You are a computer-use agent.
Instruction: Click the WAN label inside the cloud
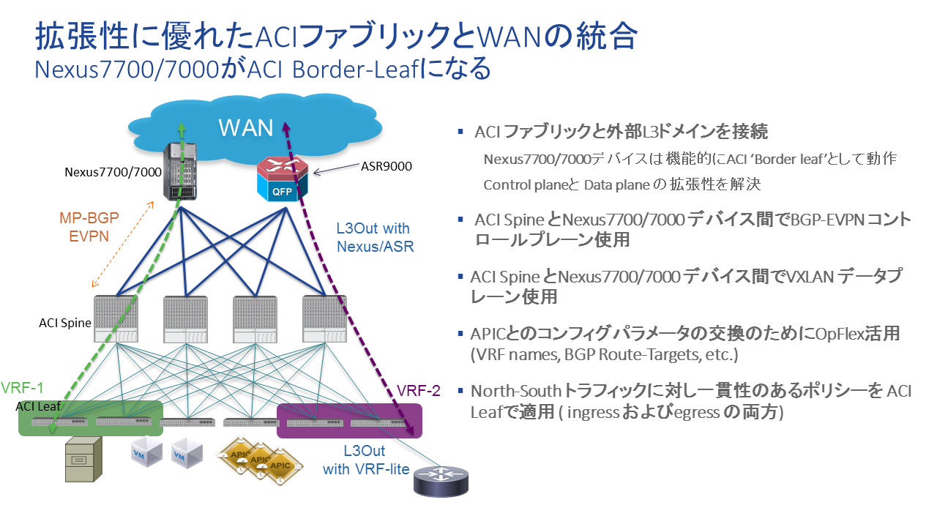coord(245,127)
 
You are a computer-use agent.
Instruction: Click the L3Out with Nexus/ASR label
coord(373,237)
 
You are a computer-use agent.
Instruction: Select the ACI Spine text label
coord(65,322)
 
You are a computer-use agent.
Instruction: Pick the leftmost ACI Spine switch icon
coord(116,319)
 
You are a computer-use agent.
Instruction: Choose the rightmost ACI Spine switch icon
coord(324,319)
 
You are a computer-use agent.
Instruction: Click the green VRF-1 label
coord(23,387)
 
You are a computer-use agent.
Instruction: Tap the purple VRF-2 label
coord(418,390)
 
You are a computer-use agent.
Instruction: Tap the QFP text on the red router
coord(282,193)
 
